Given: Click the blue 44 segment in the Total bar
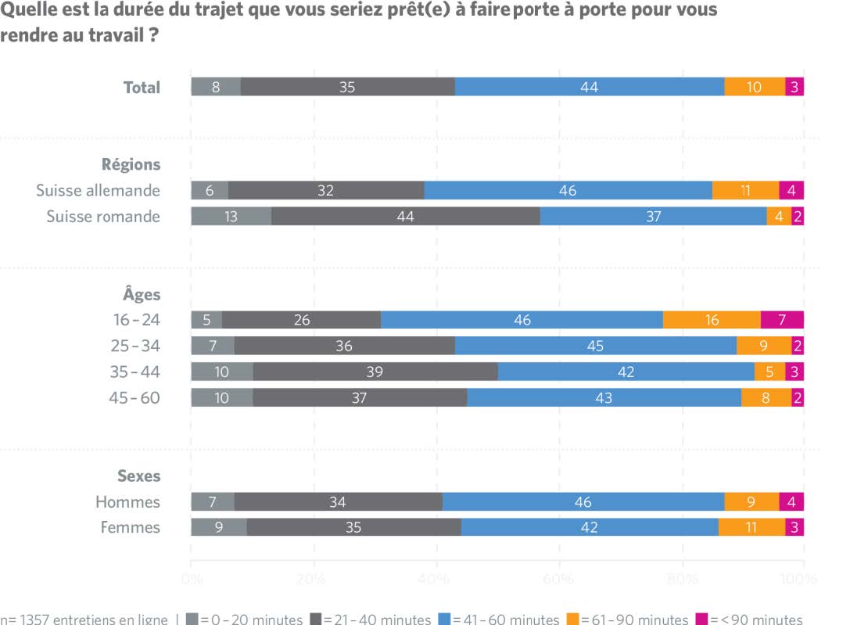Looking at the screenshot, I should pos(590,87).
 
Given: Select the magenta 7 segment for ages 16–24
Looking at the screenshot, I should pos(782,320).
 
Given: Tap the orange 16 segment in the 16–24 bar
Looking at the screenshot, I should pos(712,320).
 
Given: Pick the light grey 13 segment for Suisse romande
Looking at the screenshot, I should pos(231,217).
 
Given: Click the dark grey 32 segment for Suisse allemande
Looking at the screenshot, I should pos(326,190).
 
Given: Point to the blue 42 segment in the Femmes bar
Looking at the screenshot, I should pos(590,527).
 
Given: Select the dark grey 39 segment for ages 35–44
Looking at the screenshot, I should pos(375,372).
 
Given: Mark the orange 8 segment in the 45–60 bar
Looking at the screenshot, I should pos(766,397).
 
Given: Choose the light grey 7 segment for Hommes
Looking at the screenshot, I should pos(213,501).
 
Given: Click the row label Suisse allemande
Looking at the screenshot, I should pos(98,190).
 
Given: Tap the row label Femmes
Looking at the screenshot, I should pos(130,527).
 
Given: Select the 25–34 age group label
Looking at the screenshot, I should pos(134,346).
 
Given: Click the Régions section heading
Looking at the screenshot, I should pos(131,164).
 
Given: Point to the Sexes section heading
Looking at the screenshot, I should pos(138,476).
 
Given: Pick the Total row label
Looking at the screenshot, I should pos(142,87).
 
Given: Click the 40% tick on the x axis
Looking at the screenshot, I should pos(436,580).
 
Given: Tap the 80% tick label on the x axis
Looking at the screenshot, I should pos(682,580).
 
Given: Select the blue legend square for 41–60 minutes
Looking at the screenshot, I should pos(444,620).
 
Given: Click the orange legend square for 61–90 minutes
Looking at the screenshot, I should pos(572,620).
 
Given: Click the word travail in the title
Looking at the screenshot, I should pos(108,36).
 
